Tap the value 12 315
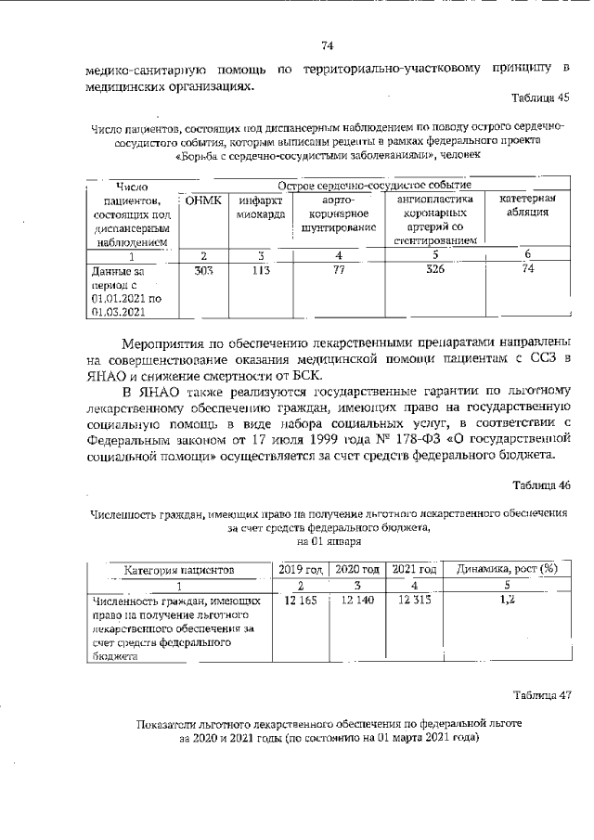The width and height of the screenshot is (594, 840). (x=410, y=601)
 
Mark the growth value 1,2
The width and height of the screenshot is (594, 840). (x=506, y=601)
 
